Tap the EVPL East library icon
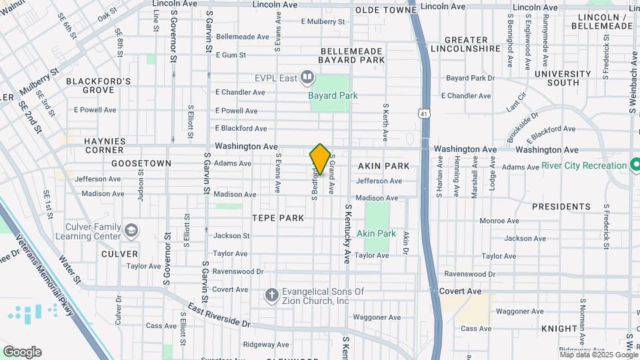click(x=307, y=78)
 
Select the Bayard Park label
click(x=333, y=95)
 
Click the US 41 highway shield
click(x=425, y=114)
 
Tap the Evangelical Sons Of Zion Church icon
click(x=271, y=295)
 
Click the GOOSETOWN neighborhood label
click(x=141, y=163)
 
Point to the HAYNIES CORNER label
click(x=105, y=146)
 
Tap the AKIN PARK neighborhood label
click(x=383, y=165)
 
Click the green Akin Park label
click(x=376, y=234)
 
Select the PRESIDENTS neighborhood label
click(x=561, y=207)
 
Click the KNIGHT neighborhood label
click(x=559, y=329)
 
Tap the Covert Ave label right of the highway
click(x=460, y=291)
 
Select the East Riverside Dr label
click(x=219, y=314)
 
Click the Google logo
click(x=22, y=352)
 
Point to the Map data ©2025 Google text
click(x=599, y=355)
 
